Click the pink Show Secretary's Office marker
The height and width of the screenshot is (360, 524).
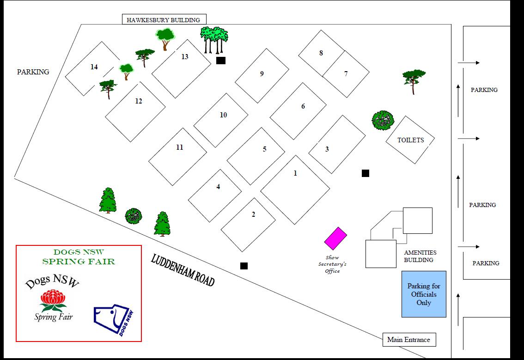pyautogui.click(x=335, y=238)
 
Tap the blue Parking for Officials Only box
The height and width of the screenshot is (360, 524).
pyautogui.click(x=424, y=294)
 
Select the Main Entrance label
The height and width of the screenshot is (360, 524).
pyautogui.click(x=408, y=340)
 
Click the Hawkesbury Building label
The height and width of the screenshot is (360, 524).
pyautogui.click(x=164, y=20)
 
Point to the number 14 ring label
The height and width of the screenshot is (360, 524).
pyautogui.click(x=94, y=67)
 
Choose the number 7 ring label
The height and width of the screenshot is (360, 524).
pyautogui.click(x=346, y=73)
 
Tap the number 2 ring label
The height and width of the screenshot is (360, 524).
pyautogui.click(x=253, y=214)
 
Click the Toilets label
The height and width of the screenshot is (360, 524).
pyautogui.click(x=410, y=140)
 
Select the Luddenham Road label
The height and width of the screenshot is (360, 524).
pyautogui.click(x=183, y=270)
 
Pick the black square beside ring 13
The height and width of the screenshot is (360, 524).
pyautogui.click(x=221, y=61)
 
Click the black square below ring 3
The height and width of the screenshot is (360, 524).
pyautogui.click(x=365, y=173)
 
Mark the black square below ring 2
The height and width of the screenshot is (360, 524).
pyautogui.click(x=244, y=266)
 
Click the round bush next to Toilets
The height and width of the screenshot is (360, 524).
pyautogui.click(x=383, y=120)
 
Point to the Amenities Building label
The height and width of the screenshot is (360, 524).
pyautogui.click(x=420, y=256)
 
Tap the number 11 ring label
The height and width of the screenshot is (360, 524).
pyautogui.click(x=180, y=147)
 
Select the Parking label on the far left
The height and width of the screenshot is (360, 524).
pyautogui.click(x=33, y=72)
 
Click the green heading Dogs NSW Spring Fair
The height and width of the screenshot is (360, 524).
pyautogui.click(x=79, y=257)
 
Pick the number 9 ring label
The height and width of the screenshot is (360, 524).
pyautogui.click(x=262, y=74)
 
